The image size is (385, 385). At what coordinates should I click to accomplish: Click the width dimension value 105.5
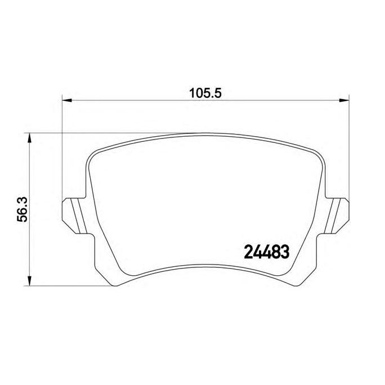(203, 93)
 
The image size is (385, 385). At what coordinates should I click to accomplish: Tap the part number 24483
(266, 252)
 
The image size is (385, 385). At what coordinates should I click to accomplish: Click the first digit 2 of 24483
(248, 252)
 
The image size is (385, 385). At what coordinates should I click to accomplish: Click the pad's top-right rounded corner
(315, 152)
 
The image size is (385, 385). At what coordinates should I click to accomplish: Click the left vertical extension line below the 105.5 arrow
(61, 152)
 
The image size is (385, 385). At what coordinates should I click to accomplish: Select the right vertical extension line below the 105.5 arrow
(347, 152)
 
